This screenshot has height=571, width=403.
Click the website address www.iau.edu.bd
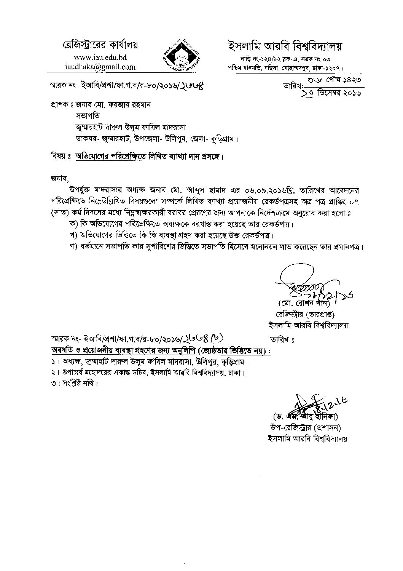100,58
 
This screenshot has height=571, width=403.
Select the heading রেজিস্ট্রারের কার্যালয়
100,45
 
